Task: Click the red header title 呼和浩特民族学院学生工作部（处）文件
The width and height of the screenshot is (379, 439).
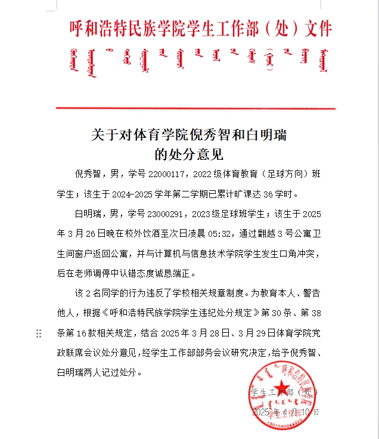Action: click(201, 28)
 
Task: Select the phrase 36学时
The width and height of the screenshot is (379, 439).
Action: click(281, 194)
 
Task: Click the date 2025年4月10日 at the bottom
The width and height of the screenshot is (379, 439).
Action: click(286, 412)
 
